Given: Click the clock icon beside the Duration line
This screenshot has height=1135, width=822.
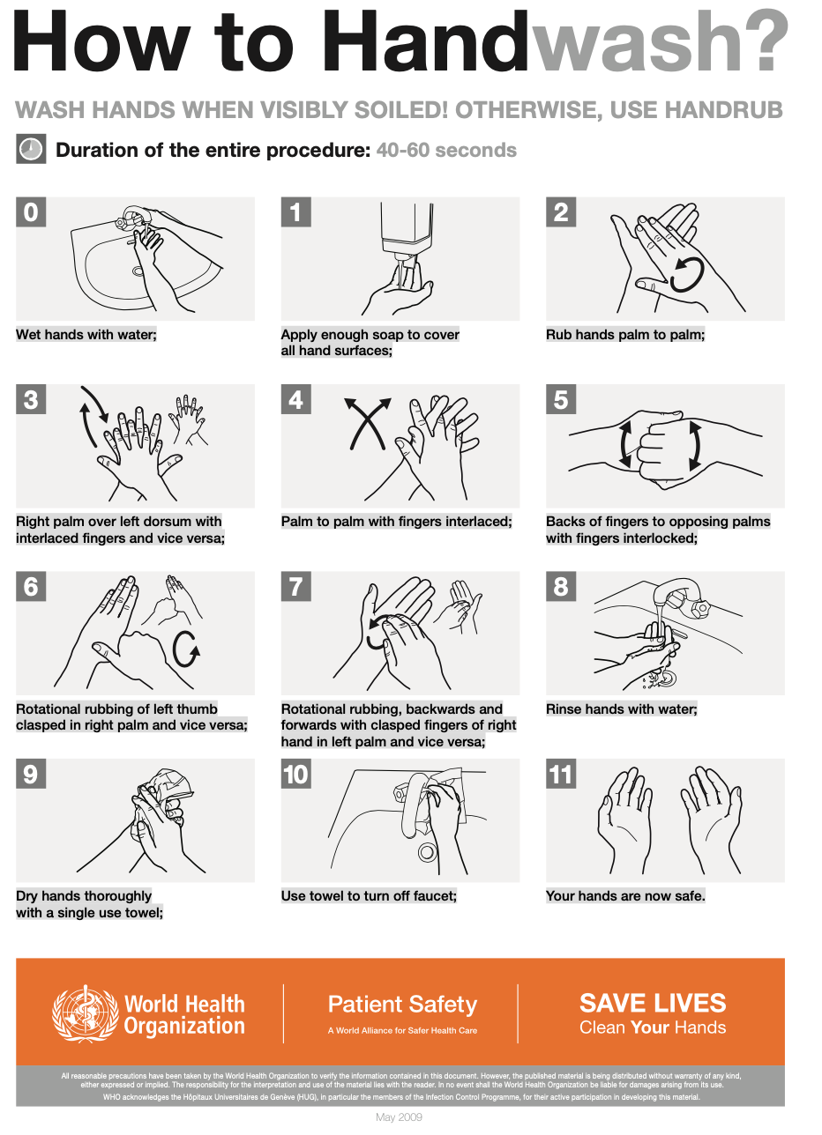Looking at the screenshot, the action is pyautogui.click(x=31, y=149).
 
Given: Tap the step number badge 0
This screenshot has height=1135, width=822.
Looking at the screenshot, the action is pyautogui.click(x=31, y=211).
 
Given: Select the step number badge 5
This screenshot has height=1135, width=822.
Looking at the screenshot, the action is pyautogui.click(x=561, y=399).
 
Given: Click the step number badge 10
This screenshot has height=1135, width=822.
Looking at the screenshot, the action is pyautogui.click(x=296, y=774).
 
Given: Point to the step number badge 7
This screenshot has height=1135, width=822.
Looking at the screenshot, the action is pyautogui.click(x=296, y=586).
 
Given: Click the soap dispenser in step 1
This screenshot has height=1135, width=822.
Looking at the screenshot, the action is pyautogui.click(x=407, y=233).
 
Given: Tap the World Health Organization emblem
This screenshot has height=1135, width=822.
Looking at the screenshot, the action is pyautogui.click(x=82, y=1013).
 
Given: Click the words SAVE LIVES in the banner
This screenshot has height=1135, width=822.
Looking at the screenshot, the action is pyautogui.click(x=653, y=1003).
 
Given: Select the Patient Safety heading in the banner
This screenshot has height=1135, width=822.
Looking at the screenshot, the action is pyautogui.click(x=403, y=1005).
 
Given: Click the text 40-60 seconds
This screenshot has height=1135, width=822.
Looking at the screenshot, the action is pyautogui.click(x=446, y=150).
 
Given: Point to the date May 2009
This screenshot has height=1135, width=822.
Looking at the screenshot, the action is pyautogui.click(x=399, y=1116).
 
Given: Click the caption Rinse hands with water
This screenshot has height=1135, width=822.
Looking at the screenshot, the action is pyautogui.click(x=621, y=708).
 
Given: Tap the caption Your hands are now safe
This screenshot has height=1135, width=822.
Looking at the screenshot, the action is pyautogui.click(x=625, y=896).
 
